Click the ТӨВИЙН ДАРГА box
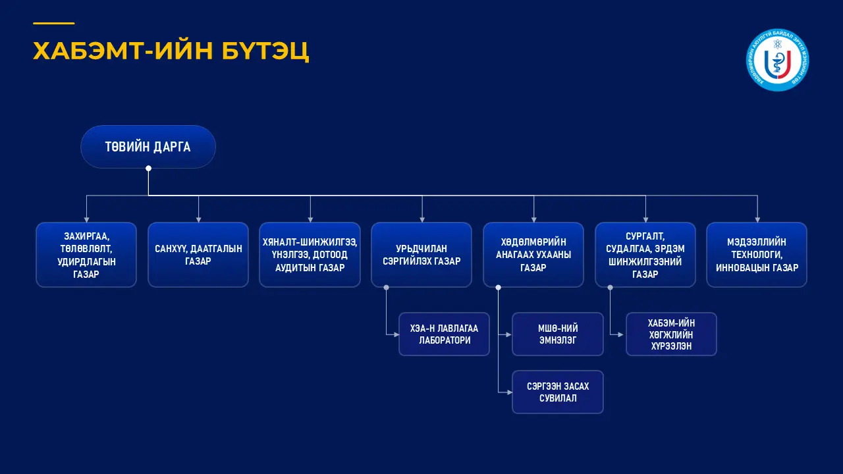[x=148, y=147]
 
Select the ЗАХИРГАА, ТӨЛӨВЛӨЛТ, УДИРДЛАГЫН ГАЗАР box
[x=86, y=255]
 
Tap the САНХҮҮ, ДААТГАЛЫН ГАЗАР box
[x=198, y=255]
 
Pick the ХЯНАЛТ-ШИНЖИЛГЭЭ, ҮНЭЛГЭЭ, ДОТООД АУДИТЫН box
[x=310, y=255]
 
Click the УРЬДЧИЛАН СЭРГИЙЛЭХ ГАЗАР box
[x=421, y=255]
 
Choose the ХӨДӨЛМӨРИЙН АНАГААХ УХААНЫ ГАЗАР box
[x=533, y=255]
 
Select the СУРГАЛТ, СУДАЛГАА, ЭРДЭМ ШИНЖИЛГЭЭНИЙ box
[x=645, y=255]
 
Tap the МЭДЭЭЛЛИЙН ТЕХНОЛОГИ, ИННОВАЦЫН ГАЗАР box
[x=757, y=255]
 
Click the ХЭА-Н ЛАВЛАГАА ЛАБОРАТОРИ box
[x=445, y=334]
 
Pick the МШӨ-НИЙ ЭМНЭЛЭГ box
[x=558, y=334]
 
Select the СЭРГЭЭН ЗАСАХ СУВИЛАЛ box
[x=558, y=392]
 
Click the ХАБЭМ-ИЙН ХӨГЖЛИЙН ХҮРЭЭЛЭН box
[x=671, y=334]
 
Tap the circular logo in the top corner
[x=778, y=60]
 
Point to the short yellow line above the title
[x=53, y=24]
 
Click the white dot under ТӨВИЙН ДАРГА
[x=148, y=169]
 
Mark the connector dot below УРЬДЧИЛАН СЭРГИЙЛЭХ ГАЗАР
[x=387, y=287]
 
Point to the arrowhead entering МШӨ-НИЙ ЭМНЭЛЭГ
[x=509, y=334]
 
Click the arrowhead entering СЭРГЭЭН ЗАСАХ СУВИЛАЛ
[x=509, y=392]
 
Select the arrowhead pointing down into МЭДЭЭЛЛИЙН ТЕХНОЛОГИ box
[x=757, y=219]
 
